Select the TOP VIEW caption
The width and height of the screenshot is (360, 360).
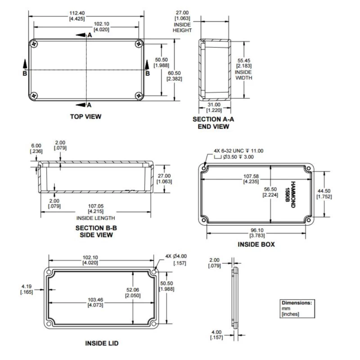click(85, 117)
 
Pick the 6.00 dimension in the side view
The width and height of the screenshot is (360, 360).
click(36, 148)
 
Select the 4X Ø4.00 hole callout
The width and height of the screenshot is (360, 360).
click(176, 260)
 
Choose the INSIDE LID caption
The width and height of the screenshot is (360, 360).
click(102, 343)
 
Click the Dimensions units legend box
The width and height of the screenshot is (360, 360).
click(296, 308)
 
